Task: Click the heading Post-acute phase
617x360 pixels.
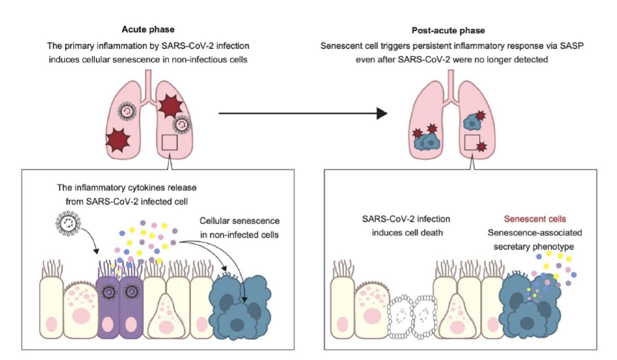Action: pyautogui.click(x=448, y=30)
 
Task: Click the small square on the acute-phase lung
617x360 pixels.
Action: pyautogui.click(x=169, y=142)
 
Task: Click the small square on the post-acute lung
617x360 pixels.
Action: pyautogui.click(x=471, y=142)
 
